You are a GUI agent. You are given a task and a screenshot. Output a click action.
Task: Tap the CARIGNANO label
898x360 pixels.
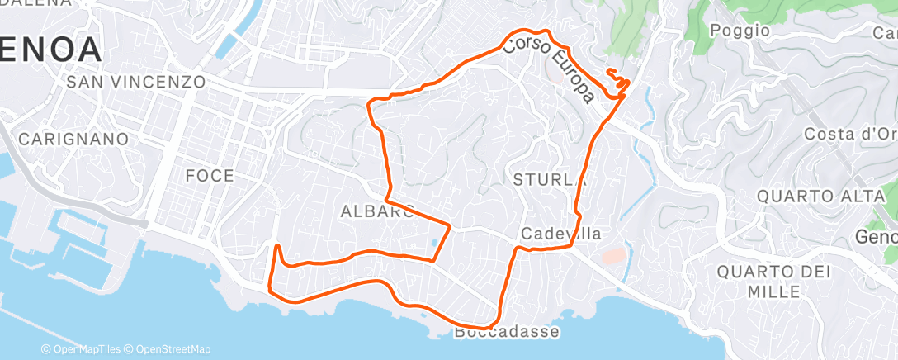coord(74,139)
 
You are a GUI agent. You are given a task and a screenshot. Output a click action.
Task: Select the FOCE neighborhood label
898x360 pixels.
coord(210,175)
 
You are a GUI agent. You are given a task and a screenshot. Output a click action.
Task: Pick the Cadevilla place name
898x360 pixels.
coord(560,234)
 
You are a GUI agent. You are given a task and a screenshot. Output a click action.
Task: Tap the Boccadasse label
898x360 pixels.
coord(507,332)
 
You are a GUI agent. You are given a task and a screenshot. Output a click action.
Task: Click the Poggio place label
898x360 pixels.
coord(740,31)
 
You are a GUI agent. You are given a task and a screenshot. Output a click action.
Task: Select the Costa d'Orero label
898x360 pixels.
coord(850,135)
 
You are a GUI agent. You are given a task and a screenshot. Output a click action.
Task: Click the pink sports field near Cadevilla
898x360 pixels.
coord(612,255)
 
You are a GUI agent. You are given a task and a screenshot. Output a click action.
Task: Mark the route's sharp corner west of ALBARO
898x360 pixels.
coord(276,246)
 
